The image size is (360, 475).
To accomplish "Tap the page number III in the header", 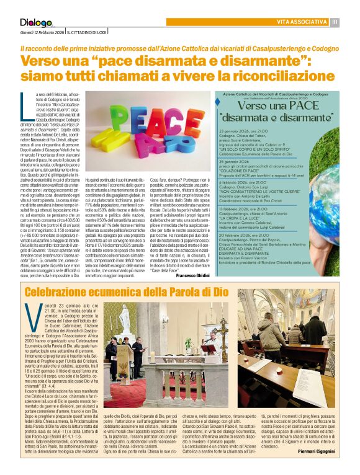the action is (x=335, y=22).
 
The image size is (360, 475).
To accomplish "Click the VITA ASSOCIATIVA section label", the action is (x=302, y=22).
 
